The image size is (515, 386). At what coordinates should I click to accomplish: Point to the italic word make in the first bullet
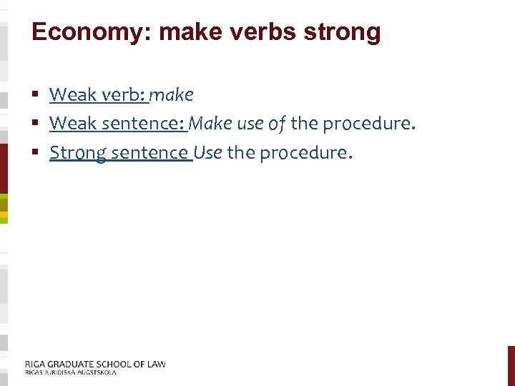pyautogui.click(x=172, y=94)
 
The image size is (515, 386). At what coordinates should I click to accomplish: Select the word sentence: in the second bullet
pyautogui.click(x=143, y=124)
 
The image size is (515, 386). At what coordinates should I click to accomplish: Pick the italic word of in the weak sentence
pyautogui.click(x=277, y=124)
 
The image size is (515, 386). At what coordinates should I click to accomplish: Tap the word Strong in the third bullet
pyautogui.click(x=77, y=153)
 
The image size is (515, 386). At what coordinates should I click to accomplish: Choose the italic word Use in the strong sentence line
pyautogui.click(x=207, y=153)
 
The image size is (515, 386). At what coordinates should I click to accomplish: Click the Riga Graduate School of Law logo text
pyautogui.click(x=95, y=364)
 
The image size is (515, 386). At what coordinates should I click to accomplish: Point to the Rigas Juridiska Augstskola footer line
pyautogui.click(x=71, y=372)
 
